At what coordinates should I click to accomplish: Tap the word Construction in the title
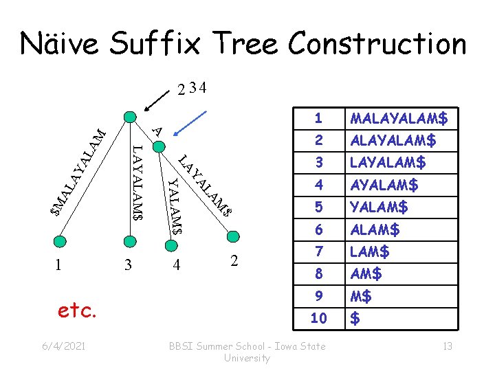[377, 44]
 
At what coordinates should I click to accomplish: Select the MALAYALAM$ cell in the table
[399, 119]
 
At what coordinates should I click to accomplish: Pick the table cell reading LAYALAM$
[388, 163]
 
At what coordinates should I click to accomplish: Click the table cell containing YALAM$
[379, 207]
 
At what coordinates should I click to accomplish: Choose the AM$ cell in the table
[366, 273]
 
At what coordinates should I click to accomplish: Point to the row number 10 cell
[318, 318]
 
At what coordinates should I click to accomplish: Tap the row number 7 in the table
[318, 251]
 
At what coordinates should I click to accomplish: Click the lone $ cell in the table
[355, 318]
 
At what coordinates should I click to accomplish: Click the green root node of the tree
[129, 116]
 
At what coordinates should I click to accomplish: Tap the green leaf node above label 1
[60, 240]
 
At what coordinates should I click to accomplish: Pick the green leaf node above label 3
[129, 240]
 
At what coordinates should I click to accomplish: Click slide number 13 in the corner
[447, 346]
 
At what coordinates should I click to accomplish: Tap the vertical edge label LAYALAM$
[137, 183]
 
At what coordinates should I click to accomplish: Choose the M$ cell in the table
[361, 296]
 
